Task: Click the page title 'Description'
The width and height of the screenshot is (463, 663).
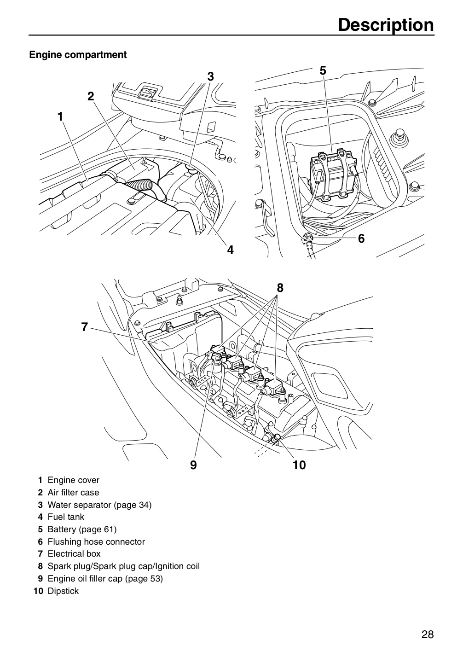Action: [386, 26]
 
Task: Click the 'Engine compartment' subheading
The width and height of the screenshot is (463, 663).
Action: [78, 55]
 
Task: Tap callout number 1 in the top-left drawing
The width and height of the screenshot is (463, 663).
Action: [60, 116]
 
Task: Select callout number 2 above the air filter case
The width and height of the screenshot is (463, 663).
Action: [91, 96]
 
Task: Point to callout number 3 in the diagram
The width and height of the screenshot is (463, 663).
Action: [210, 76]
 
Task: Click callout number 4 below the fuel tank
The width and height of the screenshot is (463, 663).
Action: [230, 250]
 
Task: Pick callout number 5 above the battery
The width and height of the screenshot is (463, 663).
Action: [323, 71]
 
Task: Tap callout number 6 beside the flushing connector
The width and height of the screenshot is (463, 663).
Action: [361, 238]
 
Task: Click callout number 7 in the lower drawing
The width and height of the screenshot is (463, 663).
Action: [85, 327]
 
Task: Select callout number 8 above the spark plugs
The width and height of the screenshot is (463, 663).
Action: [280, 288]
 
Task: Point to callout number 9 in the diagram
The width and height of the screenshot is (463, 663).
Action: [193, 465]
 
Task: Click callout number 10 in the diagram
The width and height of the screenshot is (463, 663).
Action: [299, 465]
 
